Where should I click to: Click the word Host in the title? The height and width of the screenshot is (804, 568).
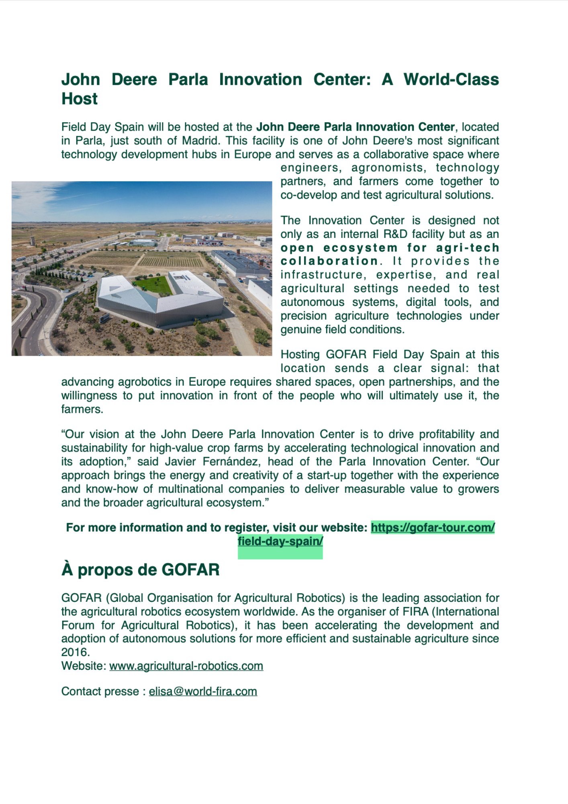pyautogui.click(x=80, y=99)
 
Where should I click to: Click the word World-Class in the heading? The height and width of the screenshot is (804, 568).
pyautogui.click(x=451, y=80)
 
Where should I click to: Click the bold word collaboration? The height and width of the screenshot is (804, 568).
pyautogui.click(x=329, y=261)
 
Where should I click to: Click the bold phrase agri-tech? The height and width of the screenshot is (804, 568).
pyautogui.click(x=467, y=248)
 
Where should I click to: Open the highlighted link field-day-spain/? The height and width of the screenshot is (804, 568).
pyautogui.click(x=280, y=541)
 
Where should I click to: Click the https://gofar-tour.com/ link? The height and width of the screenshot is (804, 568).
pyautogui.click(x=432, y=527)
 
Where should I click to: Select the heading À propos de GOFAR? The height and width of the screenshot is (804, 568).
pyautogui.click(x=140, y=570)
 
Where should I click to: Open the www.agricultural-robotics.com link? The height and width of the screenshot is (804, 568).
pyautogui.click(x=186, y=666)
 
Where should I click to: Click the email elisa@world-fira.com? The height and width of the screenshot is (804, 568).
pyautogui.click(x=203, y=691)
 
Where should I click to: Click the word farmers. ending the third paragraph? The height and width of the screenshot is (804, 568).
pyautogui.click(x=82, y=409)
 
